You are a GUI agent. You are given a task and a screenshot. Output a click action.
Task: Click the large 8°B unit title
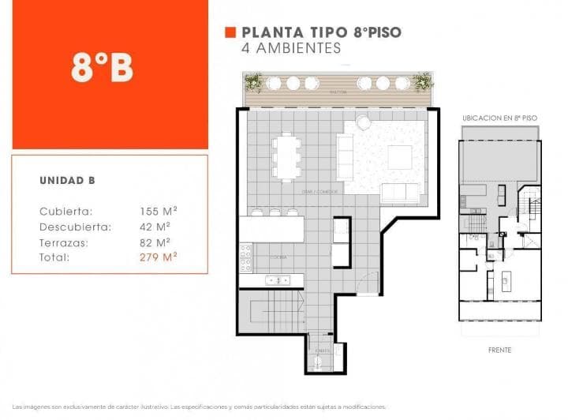(102, 69)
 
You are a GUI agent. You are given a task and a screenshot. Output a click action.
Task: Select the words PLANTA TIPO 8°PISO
(321, 32)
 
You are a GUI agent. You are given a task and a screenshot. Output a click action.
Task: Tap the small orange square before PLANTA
(230, 32)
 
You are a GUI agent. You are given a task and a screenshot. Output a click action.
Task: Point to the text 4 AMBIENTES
(291, 48)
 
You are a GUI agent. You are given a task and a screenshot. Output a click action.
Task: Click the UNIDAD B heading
(67, 181)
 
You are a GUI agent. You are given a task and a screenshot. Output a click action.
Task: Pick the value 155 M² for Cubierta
(158, 211)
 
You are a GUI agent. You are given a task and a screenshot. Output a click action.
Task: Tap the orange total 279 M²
(158, 257)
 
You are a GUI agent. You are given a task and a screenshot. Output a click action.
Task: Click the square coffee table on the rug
(399, 156)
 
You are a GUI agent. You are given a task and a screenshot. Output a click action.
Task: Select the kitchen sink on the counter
(277, 279)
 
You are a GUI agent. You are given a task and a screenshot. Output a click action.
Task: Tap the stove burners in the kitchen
(246, 257)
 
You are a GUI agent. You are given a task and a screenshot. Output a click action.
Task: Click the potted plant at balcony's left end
(253, 81)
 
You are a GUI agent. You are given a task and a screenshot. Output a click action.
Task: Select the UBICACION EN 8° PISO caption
(499, 117)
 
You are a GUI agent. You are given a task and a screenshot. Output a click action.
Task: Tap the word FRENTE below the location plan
(499, 350)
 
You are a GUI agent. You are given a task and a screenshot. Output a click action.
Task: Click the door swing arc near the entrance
(367, 283)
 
